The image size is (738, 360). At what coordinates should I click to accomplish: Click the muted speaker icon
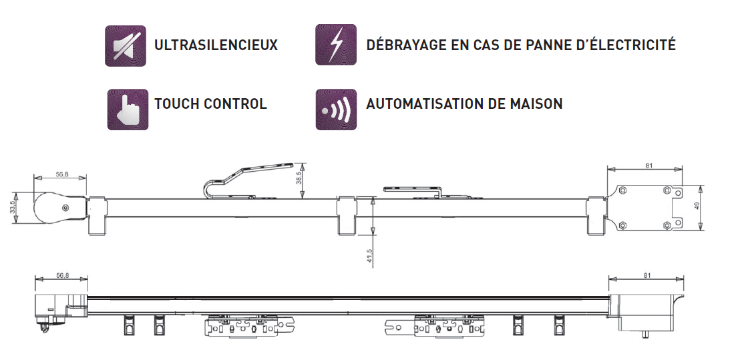point(125,45)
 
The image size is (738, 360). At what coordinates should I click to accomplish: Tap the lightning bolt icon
point(335,45)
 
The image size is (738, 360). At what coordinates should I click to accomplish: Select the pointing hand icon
point(128,109)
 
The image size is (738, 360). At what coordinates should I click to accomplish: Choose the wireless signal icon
point(336,109)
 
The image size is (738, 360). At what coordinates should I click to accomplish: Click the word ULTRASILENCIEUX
point(216,45)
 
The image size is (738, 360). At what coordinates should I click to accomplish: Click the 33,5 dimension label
point(13,207)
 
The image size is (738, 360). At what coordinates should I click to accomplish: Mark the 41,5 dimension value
point(369,256)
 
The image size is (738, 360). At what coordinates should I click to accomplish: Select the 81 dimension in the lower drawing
point(647,275)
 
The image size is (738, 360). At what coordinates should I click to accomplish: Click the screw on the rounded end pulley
point(65,208)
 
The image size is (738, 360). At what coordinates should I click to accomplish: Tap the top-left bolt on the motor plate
point(622,190)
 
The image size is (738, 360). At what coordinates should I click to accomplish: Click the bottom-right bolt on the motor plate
point(667,225)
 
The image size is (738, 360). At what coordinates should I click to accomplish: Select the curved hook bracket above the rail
point(248,179)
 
